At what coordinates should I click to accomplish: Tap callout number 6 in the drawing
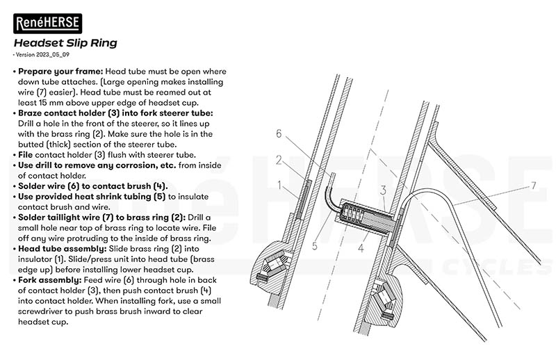278,133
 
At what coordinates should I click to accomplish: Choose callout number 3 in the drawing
383,189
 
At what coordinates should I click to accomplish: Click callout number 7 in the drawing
534,186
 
